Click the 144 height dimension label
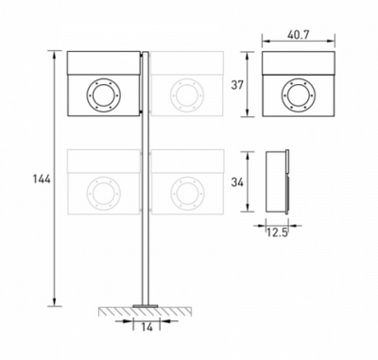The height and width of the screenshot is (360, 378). point(42,180)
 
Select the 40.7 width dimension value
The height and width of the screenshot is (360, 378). point(298,35)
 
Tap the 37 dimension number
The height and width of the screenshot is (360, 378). point(237,85)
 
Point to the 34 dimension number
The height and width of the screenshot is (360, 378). point(237,182)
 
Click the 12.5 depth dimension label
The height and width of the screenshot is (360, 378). point(277,232)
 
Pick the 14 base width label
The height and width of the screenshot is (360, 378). point(146,327)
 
